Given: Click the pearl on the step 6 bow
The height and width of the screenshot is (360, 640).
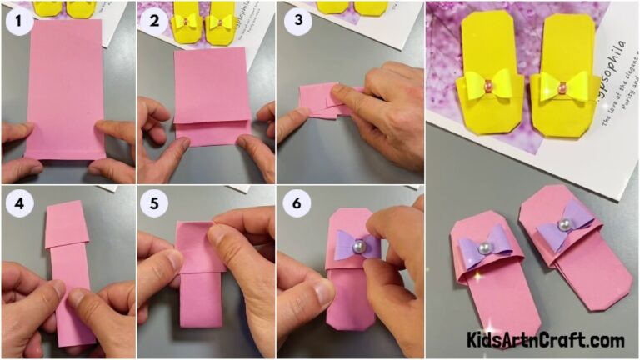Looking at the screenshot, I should coord(357,247).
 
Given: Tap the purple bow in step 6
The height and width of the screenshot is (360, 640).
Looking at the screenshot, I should coord(357,246).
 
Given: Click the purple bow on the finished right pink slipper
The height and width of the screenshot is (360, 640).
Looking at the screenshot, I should coord(564,226).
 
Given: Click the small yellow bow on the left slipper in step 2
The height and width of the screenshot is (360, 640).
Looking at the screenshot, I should coord(187,21).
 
